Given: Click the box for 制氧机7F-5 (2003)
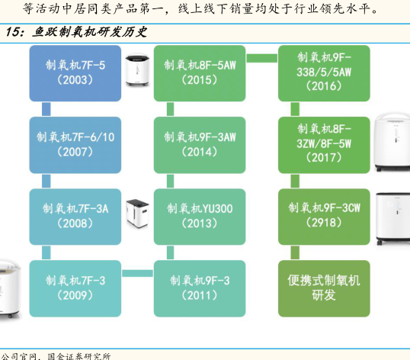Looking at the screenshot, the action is click(75, 73).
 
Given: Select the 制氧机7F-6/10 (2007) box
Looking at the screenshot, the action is click(75, 145).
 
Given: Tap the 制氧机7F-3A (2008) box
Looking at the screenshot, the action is click(75, 217).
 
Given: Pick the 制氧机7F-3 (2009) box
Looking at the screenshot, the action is click(75, 288).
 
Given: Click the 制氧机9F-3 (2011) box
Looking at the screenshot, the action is click(200, 288).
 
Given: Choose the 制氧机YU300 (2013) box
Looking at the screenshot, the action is click(200, 217).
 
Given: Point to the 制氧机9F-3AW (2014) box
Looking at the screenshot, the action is click(200, 145).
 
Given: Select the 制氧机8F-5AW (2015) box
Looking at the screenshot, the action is click(200, 73).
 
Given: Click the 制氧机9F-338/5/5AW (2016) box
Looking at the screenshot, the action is click(324, 73).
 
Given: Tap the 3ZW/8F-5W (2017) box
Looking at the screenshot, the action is click(324, 145).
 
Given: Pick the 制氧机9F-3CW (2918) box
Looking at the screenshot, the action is click(324, 217).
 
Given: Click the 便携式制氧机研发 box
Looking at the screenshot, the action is click(324, 288).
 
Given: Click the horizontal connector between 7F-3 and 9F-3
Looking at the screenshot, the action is click(137, 273).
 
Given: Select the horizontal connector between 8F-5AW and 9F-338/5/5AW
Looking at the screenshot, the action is click(262, 58).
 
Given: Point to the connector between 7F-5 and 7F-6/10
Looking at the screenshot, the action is click(46, 109).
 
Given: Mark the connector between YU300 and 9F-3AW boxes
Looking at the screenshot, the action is click(170, 181).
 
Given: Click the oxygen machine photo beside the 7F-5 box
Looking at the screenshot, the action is click(137, 70).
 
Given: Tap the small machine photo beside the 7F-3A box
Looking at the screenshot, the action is click(137, 213).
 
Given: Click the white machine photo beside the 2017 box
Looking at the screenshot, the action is click(392, 142).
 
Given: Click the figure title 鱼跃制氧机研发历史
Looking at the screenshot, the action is click(89, 33).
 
